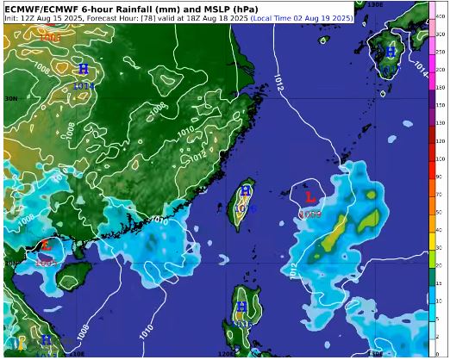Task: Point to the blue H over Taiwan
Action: click(246, 190)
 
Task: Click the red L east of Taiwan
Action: click(310, 199)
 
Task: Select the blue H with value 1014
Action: click(83, 68)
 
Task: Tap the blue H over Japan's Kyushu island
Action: click(391, 53)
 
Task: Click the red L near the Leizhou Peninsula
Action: click(46, 245)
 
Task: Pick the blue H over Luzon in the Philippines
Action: click(241, 307)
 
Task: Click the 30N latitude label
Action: click(11, 99)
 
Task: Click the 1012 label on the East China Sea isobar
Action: click(277, 79)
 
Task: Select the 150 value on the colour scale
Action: click(441, 88)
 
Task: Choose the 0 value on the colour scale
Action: click(440, 353)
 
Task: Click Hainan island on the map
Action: click(74, 276)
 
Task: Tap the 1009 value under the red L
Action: click(311, 213)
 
